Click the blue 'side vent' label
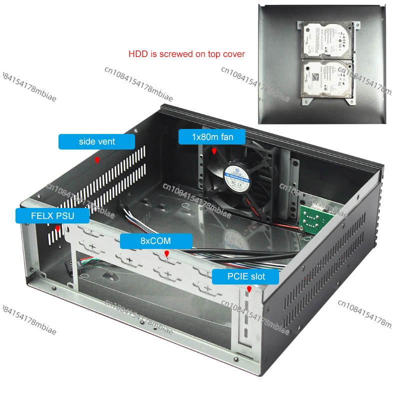96,141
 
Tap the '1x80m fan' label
212,136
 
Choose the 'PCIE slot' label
245,276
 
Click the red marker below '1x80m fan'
214,150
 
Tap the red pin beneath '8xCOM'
166,253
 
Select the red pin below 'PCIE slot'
249,289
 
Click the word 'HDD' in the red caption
138,54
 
